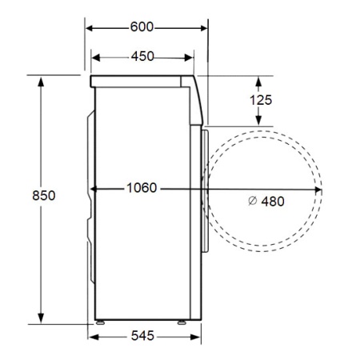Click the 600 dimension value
click(x=142, y=27)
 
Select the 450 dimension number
click(x=142, y=56)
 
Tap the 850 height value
click(x=44, y=195)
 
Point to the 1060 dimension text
click(x=142, y=188)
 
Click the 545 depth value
click(x=142, y=335)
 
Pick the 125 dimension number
click(x=261, y=100)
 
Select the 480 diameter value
click(x=273, y=202)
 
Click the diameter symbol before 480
click(x=252, y=201)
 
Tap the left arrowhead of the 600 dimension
click(x=90, y=28)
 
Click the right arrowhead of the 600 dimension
click(x=204, y=28)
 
